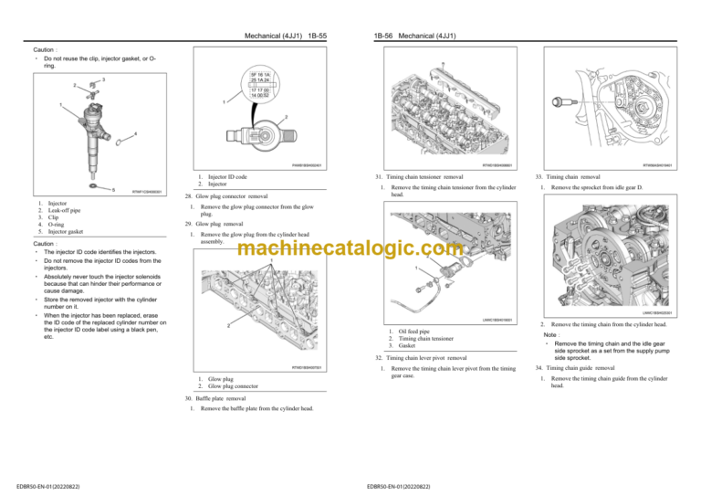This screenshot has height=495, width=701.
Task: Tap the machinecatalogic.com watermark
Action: pyautogui.click(x=350, y=248)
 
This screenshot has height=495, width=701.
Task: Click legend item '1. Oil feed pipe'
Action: pyautogui.click(x=410, y=331)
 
